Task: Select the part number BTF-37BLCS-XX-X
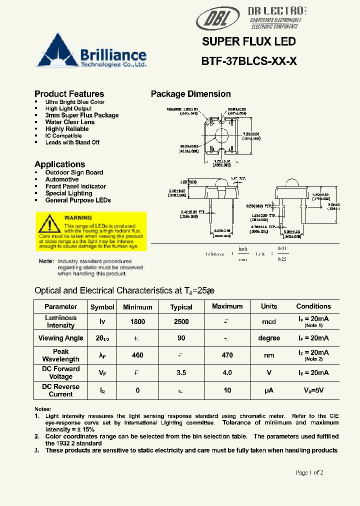249,61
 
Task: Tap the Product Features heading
69,94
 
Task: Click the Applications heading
59,164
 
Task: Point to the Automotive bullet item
61,179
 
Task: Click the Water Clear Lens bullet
69,122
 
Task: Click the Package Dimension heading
190,94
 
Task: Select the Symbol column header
102,307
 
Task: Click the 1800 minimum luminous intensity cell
137,322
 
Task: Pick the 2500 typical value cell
181,322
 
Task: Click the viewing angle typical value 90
181,338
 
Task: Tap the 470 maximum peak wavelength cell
227,355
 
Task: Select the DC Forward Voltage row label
60,372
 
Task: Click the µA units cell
269,390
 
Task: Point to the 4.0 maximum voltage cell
227,372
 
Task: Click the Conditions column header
313,306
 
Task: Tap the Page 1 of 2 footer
309,472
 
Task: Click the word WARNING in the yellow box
78,218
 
